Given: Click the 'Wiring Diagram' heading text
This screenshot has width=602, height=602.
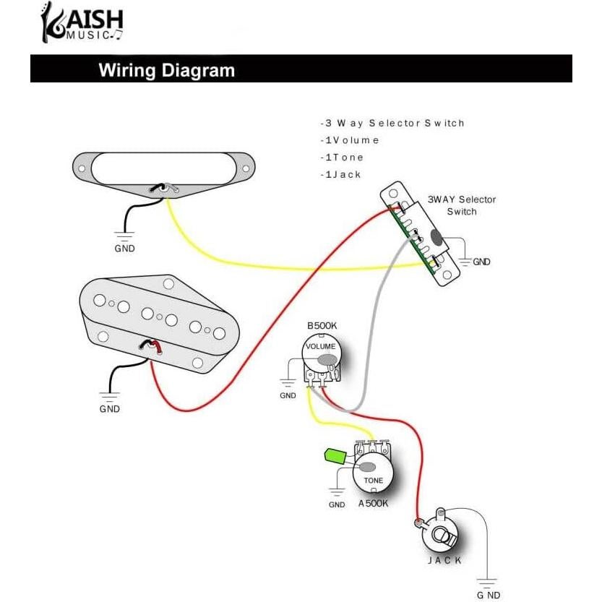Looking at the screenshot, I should [x=166, y=70].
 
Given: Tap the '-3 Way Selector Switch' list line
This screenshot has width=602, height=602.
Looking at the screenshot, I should [x=392, y=123].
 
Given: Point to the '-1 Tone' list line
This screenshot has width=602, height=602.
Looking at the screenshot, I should [x=342, y=158].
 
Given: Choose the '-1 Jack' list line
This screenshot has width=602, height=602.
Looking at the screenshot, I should [x=340, y=175].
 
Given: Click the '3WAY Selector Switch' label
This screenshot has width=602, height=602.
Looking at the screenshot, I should [x=461, y=205].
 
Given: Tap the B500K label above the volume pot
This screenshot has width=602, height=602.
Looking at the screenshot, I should [x=322, y=327].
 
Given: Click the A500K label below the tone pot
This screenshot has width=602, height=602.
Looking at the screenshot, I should [x=373, y=503].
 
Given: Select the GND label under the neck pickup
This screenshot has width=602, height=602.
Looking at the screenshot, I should [x=124, y=248].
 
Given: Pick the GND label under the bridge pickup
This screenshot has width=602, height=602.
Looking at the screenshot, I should [x=109, y=408].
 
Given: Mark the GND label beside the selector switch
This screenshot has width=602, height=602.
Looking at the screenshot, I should [x=481, y=262].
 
